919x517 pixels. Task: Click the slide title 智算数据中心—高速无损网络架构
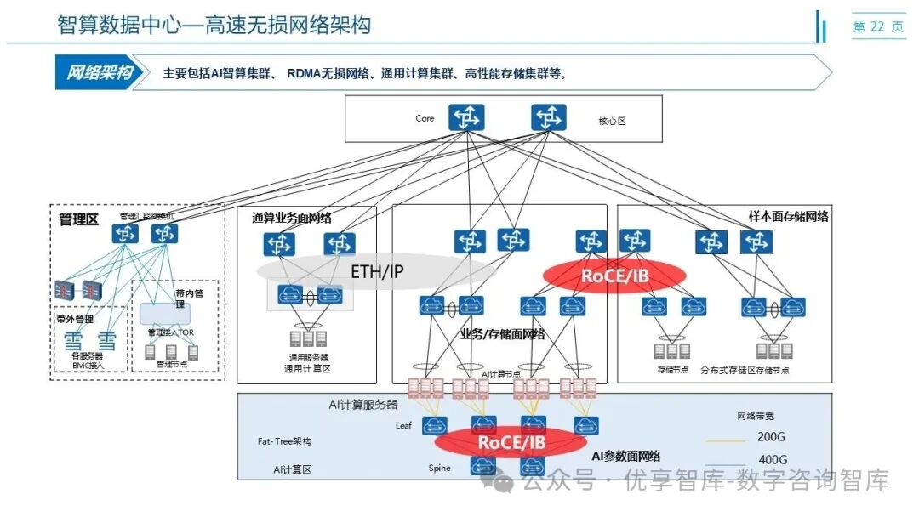point(214,25)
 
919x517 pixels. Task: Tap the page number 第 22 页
point(878,27)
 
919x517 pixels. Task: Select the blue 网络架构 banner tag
point(100,73)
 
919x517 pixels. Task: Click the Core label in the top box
point(425,118)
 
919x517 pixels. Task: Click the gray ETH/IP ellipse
point(377,272)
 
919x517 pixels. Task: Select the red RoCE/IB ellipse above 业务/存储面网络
point(614,275)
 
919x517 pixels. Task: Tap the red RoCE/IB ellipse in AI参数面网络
point(511,442)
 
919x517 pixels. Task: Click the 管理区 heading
point(78,219)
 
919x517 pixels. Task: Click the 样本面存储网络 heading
point(788,217)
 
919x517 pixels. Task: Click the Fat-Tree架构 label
point(284,442)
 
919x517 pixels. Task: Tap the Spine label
point(439,468)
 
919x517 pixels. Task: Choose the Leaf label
point(403,425)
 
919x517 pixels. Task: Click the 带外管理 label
point(74,320)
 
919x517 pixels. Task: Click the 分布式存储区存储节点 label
point(744,371)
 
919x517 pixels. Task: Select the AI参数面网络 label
point(625,457)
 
